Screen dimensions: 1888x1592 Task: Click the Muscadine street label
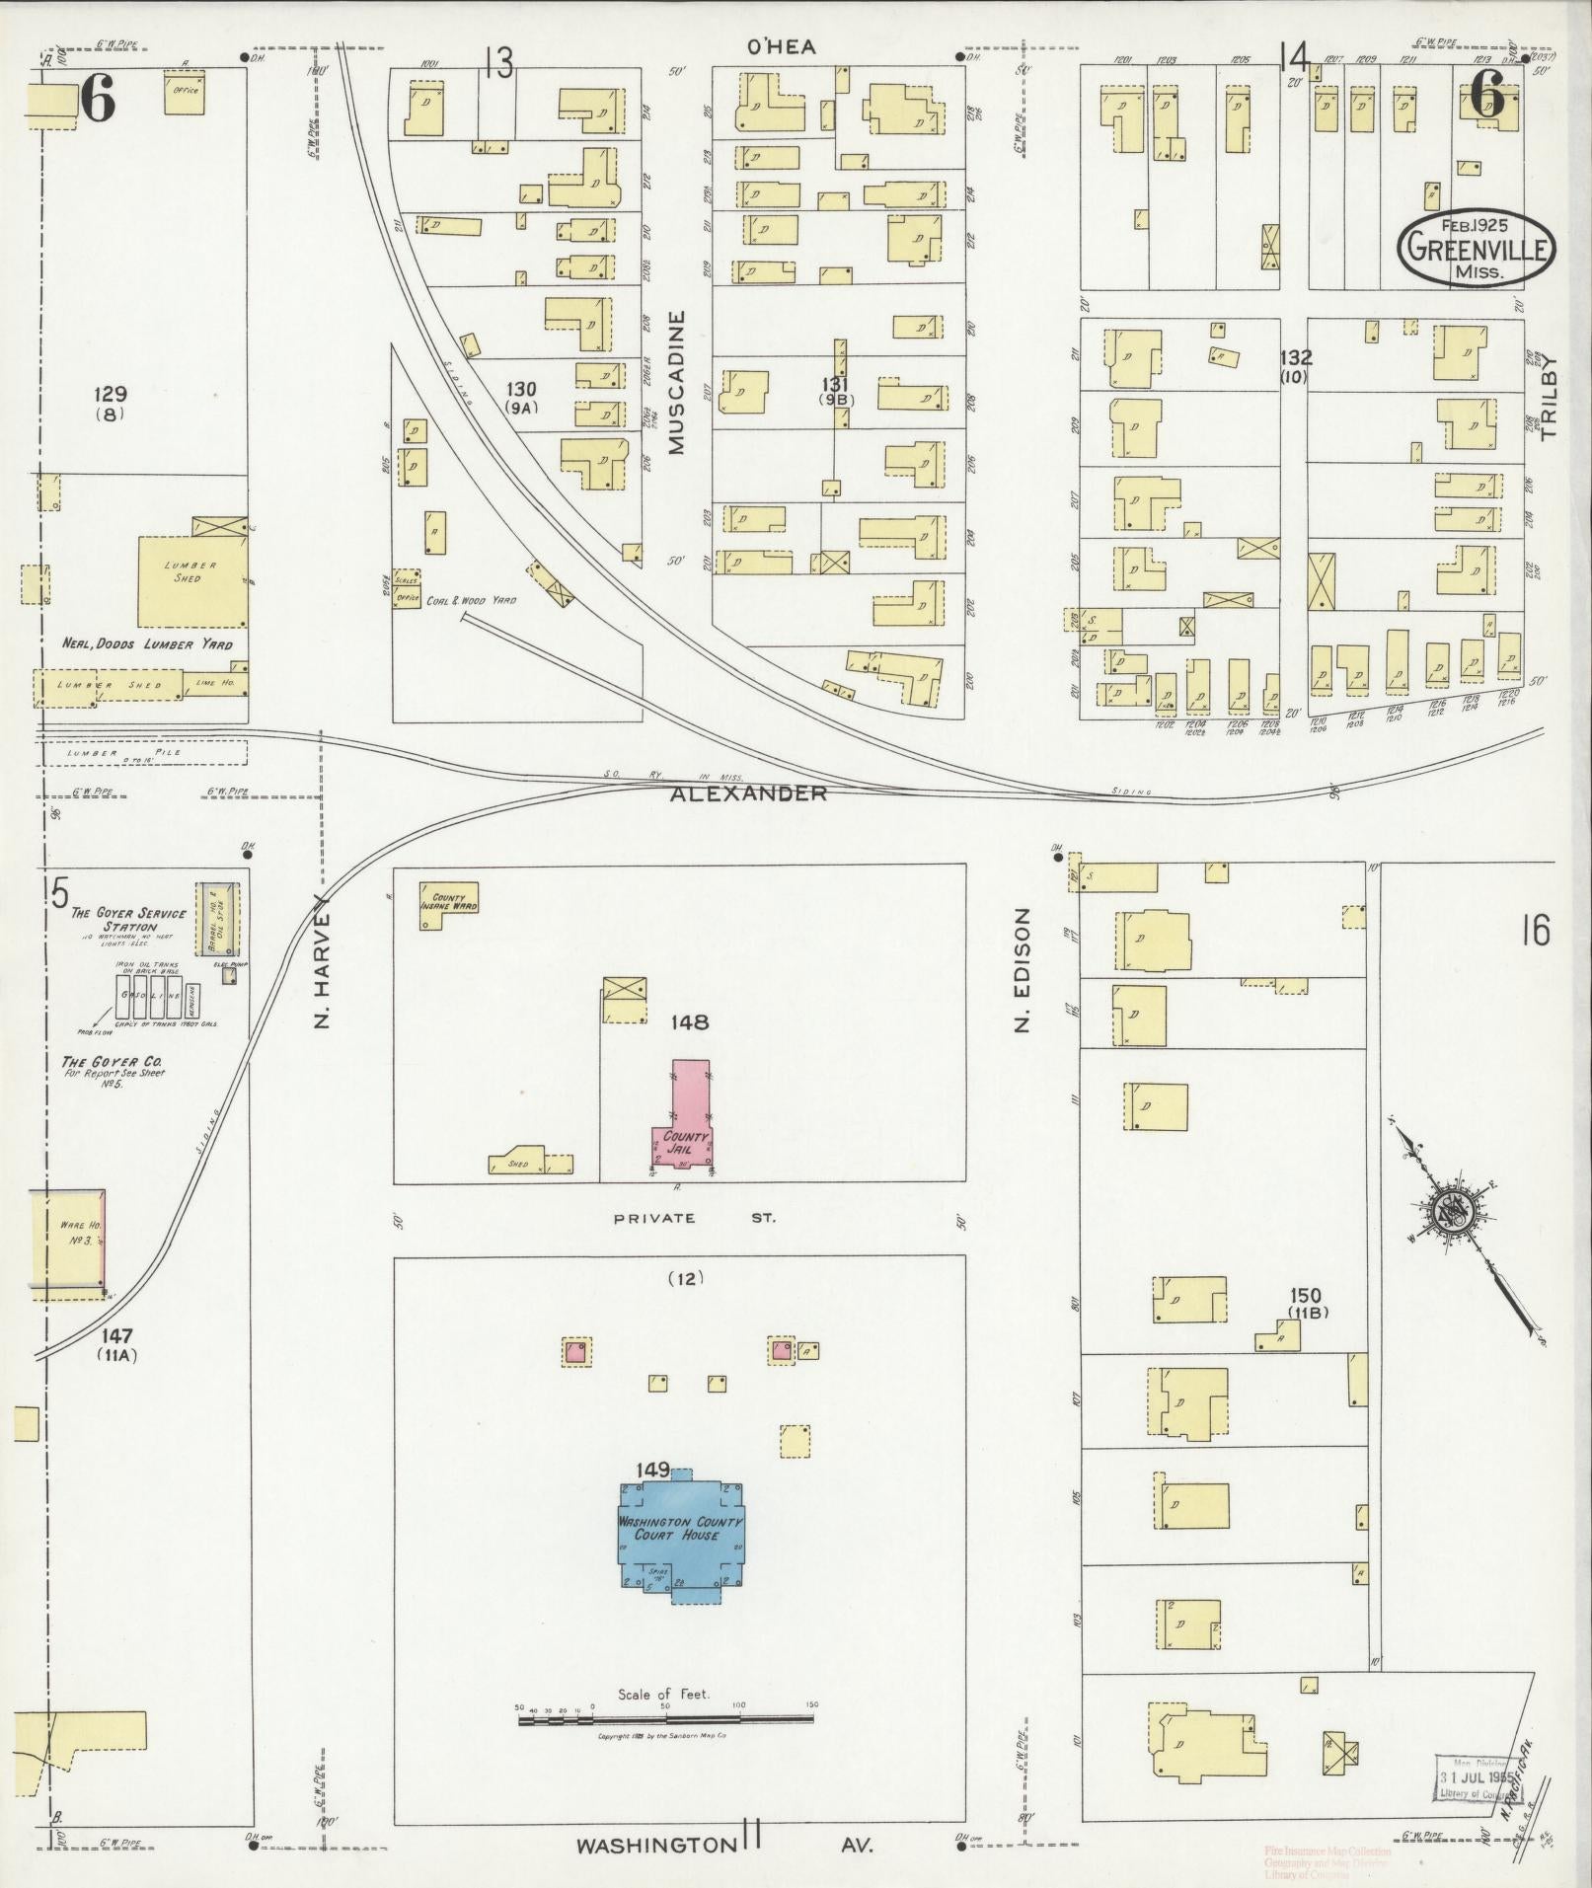tap(677, 383)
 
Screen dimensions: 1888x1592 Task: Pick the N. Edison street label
tap(1023, 971)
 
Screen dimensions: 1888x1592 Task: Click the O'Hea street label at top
tap(781, 46)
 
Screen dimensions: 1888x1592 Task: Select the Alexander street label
tap(748, 793)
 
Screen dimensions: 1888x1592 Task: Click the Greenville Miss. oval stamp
tap(1475, 248)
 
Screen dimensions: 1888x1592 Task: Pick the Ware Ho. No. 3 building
tap(68, 1238)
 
